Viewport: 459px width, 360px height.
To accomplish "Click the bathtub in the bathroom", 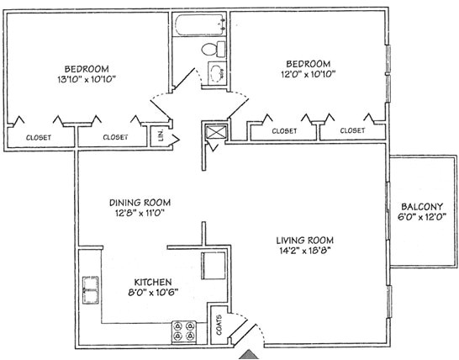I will tap(199, 25).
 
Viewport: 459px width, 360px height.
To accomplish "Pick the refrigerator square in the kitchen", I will tap(214, 264).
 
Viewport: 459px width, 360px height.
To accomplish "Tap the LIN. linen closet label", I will tap(158, 134).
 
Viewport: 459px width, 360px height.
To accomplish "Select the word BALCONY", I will tap(419, 207).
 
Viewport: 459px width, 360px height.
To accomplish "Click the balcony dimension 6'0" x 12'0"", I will tap(419, 218).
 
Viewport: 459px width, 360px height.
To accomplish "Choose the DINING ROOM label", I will tap(140, 202).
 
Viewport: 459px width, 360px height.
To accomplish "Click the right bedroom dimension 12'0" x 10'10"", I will tap(307, 74).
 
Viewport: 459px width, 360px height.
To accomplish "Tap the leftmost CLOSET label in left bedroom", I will tap(38, 137).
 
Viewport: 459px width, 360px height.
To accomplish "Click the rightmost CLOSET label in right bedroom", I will tap(353, 131).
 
